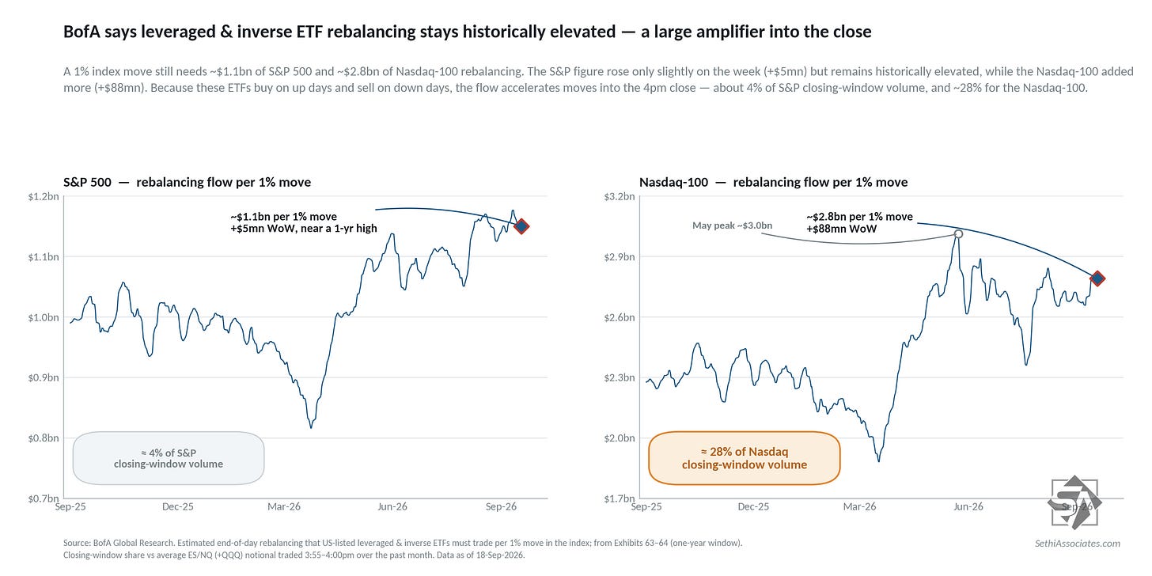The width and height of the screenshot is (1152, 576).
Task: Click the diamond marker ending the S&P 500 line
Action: click(521, 226)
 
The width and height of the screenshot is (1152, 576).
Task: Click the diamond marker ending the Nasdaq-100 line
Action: click(1097, 279)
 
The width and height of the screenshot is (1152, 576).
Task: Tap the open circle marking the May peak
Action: click(958, 234)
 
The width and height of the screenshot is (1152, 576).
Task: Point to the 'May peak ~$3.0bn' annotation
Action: click(733, 225)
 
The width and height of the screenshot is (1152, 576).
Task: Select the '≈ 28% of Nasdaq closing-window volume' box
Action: click(745, 458)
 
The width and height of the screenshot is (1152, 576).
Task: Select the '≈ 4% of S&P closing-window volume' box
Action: click(169, 458)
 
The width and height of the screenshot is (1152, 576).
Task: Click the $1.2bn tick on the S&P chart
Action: click(44, 196)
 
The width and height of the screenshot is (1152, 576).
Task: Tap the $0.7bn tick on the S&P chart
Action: click(44, 498)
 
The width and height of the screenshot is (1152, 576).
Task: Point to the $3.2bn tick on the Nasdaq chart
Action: click(620, 196)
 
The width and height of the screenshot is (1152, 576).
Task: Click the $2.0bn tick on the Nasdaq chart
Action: click(620, 438)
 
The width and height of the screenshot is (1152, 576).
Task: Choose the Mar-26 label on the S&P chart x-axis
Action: click(284, 506)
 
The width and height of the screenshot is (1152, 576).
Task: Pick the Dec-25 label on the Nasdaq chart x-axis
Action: click(753, 506)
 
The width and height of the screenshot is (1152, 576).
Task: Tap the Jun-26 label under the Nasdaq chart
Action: click(968, 506)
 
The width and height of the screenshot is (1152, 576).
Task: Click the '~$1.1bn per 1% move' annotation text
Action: click(283, 217)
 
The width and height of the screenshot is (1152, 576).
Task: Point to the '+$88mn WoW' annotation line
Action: click(841, 229)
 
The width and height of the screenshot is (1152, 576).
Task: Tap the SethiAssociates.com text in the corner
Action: click(1078, 543)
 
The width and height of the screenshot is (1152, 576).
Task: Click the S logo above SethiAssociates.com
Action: click(1074, 502)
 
